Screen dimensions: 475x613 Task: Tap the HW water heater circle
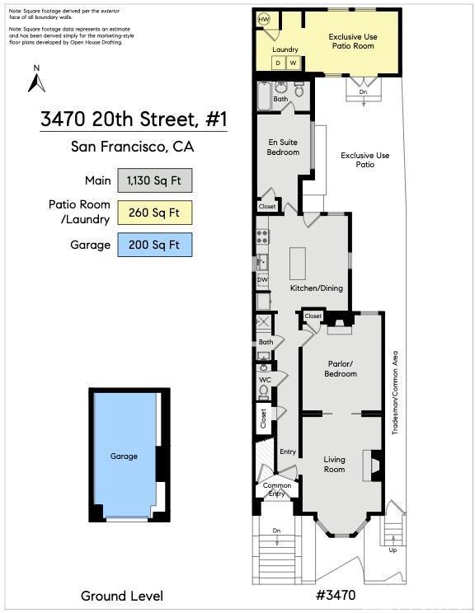[264, 20]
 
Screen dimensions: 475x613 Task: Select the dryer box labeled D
[278, 63]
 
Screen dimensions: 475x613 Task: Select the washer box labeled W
[293, 63]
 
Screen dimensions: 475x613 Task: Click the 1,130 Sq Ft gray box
[155, 180]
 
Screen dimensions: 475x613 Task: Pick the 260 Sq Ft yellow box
[155, 213]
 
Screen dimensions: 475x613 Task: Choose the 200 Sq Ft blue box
[155, 245]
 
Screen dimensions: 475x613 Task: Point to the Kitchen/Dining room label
[316, 288]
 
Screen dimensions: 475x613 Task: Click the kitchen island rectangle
[298, 263]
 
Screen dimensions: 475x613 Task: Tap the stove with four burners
[262, 236]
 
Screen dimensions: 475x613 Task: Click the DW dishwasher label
[262, 280]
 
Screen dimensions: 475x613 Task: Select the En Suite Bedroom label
[283, 147]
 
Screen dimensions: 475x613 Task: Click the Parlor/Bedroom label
[341, 368]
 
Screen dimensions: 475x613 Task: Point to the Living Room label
[334, 465]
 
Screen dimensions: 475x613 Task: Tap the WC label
[265, 380]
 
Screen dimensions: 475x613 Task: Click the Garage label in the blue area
[124, 456]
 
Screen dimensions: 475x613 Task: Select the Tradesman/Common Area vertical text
[395, 392]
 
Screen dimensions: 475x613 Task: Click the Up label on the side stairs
[393, 550]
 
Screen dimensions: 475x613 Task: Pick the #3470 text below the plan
[336, 595]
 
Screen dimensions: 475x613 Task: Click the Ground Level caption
[122, 597]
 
